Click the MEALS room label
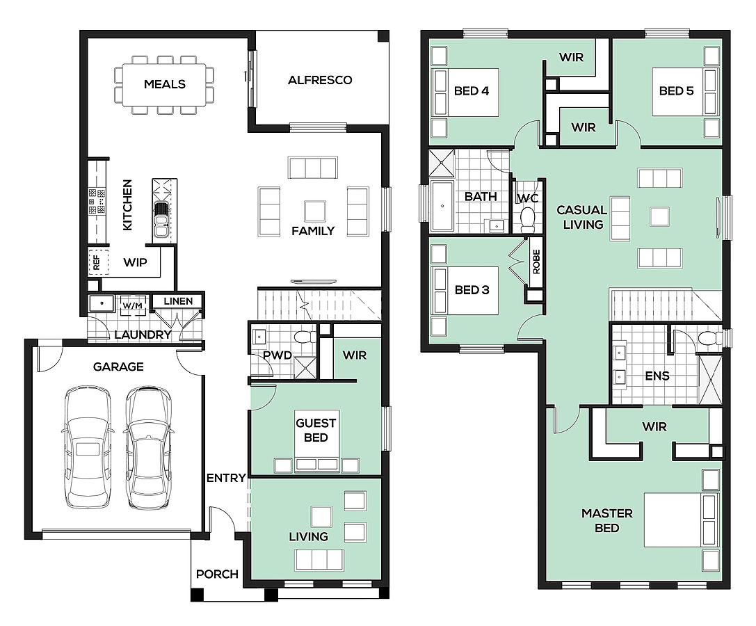[164, 84]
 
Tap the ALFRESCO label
[320, 80]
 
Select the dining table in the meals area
[164, 85]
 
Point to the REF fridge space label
[97, 263]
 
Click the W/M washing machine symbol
[133, 306]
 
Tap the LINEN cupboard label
[178, 301]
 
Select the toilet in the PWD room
[305, 337]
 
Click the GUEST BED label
[316, 430]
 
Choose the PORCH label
[217, 575]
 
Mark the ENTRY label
[226, 478]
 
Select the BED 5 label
[676, 91]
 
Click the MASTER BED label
[607, 521]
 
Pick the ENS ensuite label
[657, 376]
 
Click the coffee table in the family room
[315, 211]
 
